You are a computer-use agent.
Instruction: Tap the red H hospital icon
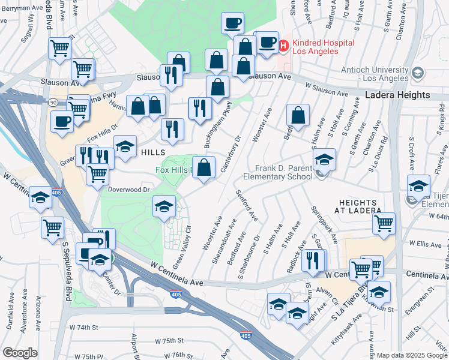click(283, 44)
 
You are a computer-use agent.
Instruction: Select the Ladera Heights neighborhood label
click(397, 95)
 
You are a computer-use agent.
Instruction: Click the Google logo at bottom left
click(20, 353)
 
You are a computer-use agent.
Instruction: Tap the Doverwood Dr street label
click(129, 189)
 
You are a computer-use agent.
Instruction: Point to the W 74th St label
click(83, 328)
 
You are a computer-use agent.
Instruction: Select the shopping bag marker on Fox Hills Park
click(204, 167)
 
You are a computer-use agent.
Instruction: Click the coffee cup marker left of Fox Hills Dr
click(61, 122)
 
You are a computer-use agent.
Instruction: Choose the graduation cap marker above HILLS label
click(125, 146)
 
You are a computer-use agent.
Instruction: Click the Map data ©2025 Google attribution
click(412, 355)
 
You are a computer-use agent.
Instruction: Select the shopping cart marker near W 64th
click(384, 224)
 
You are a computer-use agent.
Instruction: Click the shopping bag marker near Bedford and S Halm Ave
click(298, 115)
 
